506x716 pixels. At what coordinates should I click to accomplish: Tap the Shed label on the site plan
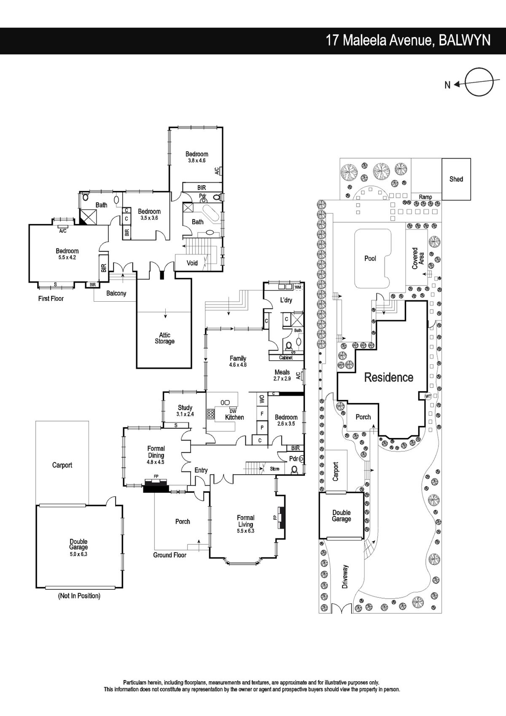[x=456, y=179]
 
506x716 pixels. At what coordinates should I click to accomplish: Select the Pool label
[x=370, y=258]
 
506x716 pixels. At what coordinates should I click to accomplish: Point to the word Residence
[x=389, y=377]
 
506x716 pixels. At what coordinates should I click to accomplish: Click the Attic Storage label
[x=164, y=338]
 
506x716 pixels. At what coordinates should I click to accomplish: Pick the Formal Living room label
[x=245, y=521]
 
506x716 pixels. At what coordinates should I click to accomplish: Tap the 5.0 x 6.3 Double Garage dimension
[x=79, y=554]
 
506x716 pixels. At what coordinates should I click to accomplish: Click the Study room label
[x=185, y=408]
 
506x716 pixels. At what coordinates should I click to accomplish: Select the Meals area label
[x=282, y=372]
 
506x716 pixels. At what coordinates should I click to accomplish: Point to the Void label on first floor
[x=192, y=263]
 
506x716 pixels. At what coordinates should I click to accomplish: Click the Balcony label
[x=116, y=293]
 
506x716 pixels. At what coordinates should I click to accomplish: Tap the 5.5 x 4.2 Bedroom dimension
[x=67, y=257]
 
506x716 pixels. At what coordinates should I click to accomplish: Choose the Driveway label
[x=345, y=577]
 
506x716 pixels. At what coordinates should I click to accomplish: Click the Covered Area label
[x=418, y=258]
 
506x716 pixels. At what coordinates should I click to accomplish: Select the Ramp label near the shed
[x=425, y=197]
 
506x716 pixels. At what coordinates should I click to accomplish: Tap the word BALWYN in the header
[x=465, y=41]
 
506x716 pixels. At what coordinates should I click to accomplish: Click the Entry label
[x=201, y=470]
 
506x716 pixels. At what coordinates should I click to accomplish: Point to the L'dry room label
[x=286, y=300]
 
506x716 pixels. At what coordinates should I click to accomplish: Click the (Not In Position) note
[x=79, y=596]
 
